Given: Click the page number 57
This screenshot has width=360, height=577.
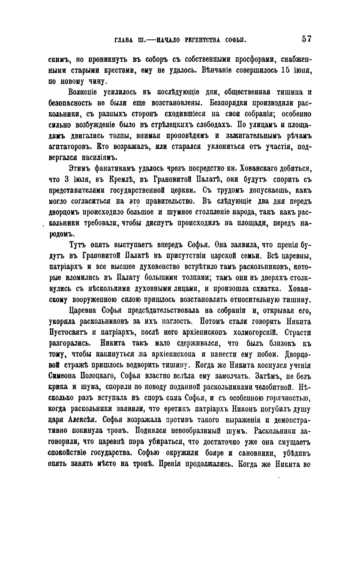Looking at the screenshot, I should coord(306,39).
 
